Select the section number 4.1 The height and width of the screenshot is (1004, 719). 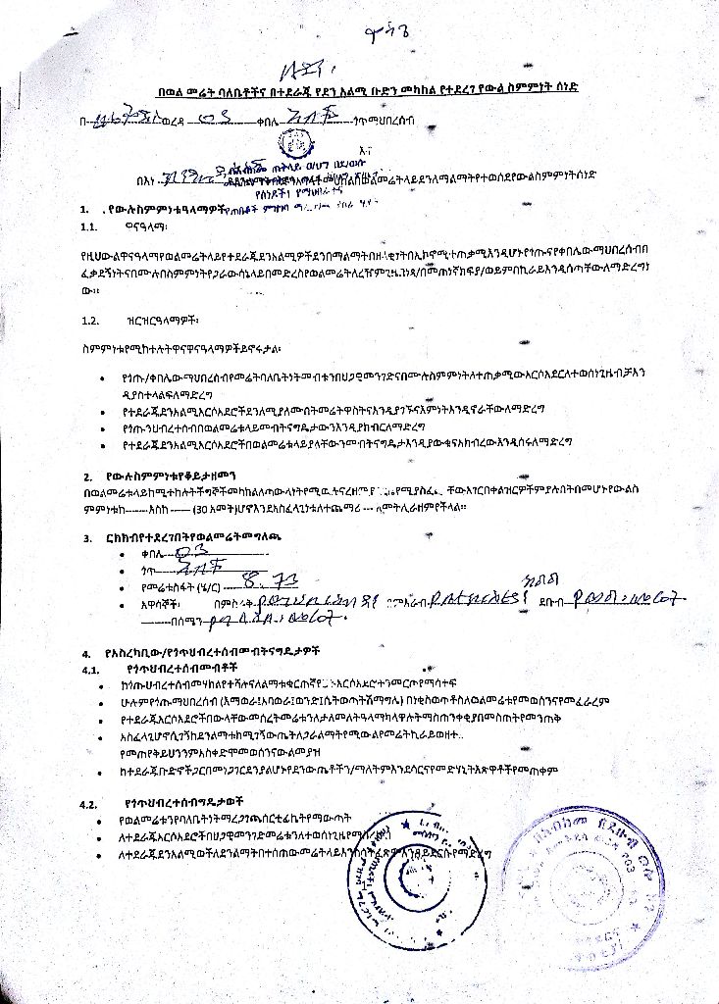90,670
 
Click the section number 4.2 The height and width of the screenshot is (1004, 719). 89,803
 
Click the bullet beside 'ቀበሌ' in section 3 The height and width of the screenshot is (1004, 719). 120,555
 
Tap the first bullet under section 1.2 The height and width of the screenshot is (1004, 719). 105,376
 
